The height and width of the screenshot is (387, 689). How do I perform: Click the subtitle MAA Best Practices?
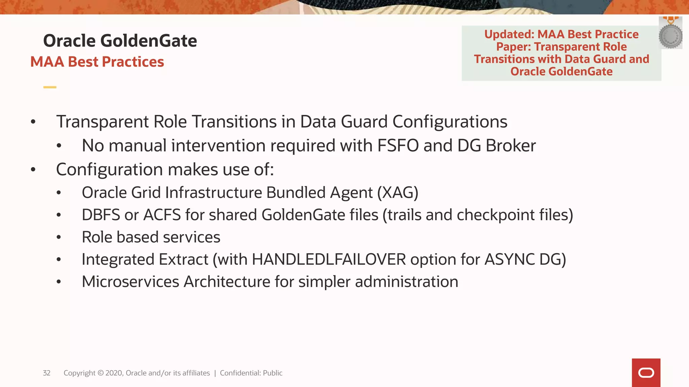tap(97, 62)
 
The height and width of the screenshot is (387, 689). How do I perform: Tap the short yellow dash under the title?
tap(50, 87)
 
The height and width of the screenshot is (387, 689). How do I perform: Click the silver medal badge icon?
tap(670, 35)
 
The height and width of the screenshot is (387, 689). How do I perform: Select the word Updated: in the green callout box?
tap(509, 34)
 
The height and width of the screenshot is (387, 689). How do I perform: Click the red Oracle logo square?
tap(646, 373)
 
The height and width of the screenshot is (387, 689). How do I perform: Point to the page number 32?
tap(46, 373)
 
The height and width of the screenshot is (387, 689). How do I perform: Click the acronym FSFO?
tap(398, 146)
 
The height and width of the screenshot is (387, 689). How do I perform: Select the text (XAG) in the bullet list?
tap(398, 193)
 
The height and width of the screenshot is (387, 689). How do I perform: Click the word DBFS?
tap(101, 215)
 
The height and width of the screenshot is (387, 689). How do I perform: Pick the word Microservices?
tap(131, 282)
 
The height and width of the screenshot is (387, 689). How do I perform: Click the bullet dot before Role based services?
tap(59, 237)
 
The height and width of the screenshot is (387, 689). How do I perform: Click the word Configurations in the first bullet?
tap(450, 122)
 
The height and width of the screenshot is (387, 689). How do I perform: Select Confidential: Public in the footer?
tap(251, 373)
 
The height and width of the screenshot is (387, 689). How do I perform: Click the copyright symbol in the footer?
tap(101, 373)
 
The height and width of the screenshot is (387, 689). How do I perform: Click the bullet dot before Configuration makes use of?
tap(33, 170)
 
